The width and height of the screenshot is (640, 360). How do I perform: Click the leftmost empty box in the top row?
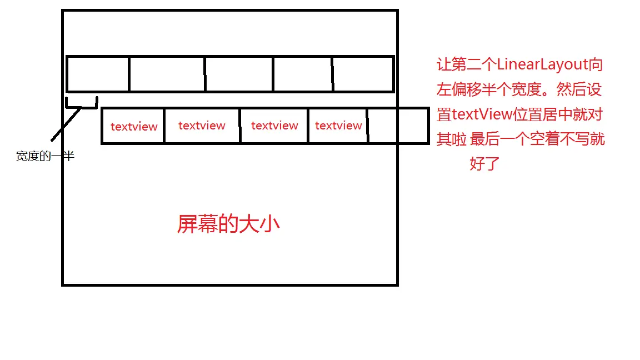(x=98, y=74)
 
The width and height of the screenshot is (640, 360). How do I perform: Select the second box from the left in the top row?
(x=167, y=74)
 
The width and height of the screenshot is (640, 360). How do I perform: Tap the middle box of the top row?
(x=239, y=74)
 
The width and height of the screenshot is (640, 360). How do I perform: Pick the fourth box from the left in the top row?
(x=303, y=74)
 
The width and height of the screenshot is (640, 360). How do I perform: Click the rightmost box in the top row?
(x=363, y=74)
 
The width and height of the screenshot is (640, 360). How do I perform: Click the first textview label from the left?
(x=134, y=127)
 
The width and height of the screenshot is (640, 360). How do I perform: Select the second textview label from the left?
(x=202, y=126)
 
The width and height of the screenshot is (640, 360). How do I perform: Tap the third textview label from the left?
(x=274, y=126)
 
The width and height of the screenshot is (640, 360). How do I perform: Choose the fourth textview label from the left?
(x=338, y=126)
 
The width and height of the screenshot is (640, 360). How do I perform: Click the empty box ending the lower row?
(x=398, y=126)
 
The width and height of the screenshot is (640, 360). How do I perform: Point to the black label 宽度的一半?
(x=45, y=157)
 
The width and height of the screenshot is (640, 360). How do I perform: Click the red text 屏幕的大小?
(x=228, y=224)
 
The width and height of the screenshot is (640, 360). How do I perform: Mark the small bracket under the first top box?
(x=82, y=104)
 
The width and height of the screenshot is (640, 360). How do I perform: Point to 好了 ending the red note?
(x=485, y=164)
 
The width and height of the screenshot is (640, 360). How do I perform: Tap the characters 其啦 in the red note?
(x=452, y=139)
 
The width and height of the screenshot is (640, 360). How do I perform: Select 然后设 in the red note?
(x=579, y=90)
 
